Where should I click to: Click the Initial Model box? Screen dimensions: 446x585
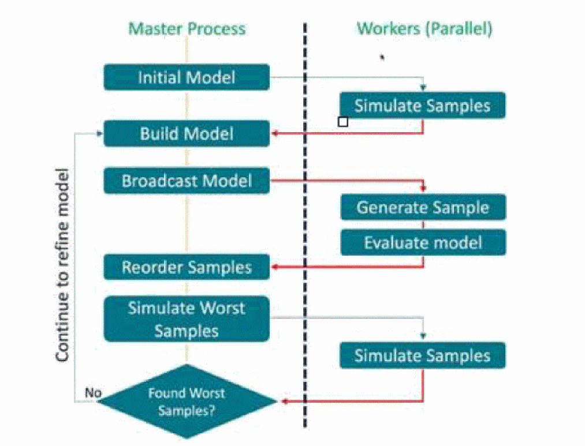coord(187,77)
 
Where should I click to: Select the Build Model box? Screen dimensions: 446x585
coord(187,134)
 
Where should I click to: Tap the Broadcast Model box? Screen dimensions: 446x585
coord(187,181)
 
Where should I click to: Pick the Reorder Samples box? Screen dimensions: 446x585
coord(187,267)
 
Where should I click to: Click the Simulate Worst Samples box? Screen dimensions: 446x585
coord(187,319)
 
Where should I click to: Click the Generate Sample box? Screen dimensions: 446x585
coord(423,207)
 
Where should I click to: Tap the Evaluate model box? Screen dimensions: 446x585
coord(423,242)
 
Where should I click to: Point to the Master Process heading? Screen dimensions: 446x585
coord(187,29)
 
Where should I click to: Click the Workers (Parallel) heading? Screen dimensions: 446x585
coord(424,29)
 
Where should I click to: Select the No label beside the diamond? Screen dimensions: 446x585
coord(93,393)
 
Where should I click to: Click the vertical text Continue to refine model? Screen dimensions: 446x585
coord(63,265)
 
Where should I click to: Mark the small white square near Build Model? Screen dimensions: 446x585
coord(343,122)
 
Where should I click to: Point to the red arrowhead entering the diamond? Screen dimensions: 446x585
coord(283,400)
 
